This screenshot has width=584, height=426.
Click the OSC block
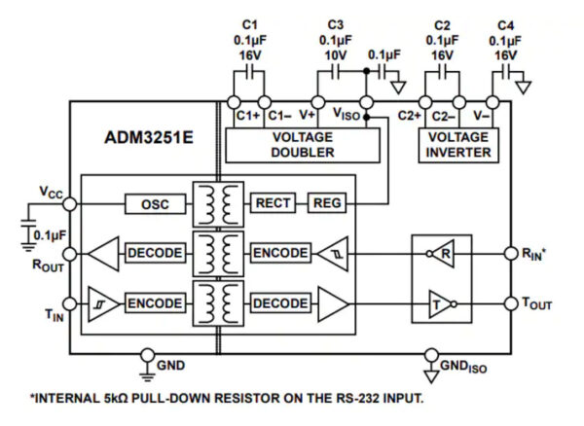click(x=154, y=203)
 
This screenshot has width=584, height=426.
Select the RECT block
click(x=273, y=203)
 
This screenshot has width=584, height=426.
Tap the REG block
click(x=325, y=203)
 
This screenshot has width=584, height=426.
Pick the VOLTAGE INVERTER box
click(x=457, y=145)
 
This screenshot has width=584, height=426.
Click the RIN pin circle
click(x=511, y=254)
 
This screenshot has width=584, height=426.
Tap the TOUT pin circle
click(x=511, y=303)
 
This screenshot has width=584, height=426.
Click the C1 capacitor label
click(x=250, y=24)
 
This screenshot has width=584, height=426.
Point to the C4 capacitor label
click(x=504, y=24)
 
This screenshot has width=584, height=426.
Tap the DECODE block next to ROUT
click(x=154, y=254)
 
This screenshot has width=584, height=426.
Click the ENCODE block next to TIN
click(x=154, y=303)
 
